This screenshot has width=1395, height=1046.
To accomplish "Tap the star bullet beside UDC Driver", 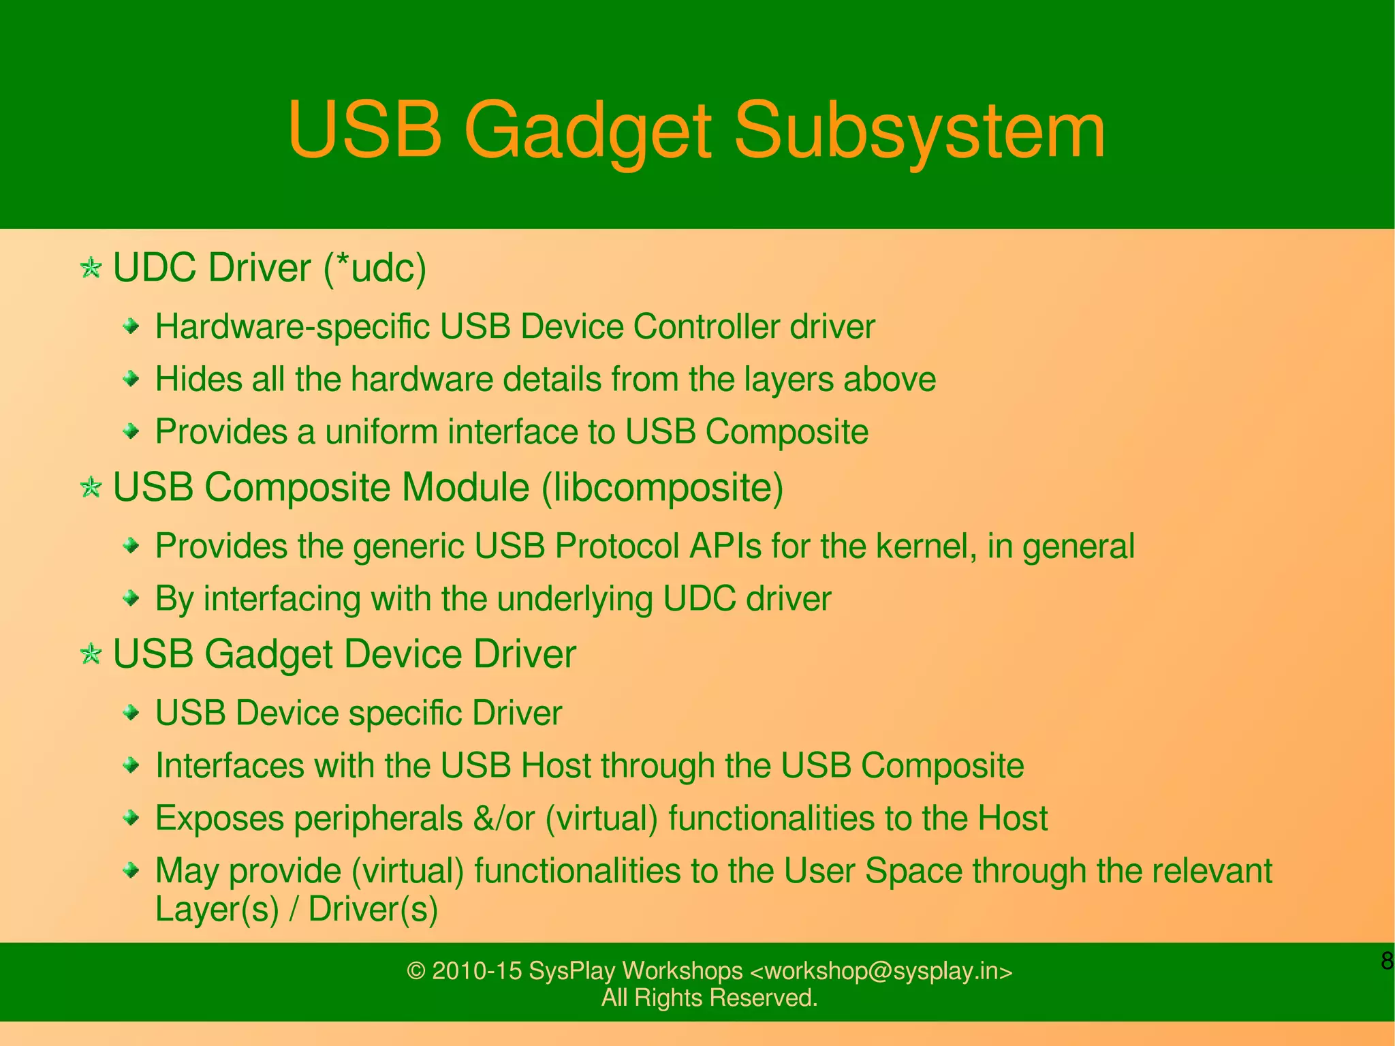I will pos(91,267).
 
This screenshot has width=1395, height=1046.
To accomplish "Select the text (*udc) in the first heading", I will pos(375,268).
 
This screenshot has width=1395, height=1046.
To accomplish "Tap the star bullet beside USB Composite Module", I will pos(91,487).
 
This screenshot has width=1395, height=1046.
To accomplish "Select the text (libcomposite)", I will pos(662,488).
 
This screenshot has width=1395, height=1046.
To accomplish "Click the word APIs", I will pos(725,546).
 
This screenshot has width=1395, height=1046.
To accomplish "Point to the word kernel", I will pos(922,546).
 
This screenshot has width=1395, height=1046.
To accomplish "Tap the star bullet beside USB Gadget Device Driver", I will pos(91,654).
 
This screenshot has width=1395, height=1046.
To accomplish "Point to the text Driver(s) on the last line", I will pos(373,908).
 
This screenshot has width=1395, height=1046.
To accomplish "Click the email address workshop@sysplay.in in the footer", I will pos(881,971).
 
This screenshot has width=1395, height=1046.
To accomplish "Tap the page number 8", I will pos(1386,962).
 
